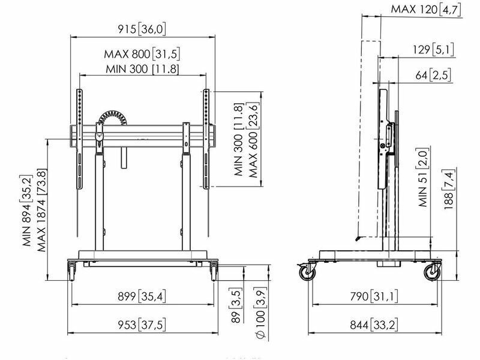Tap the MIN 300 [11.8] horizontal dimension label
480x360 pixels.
pos(142,69)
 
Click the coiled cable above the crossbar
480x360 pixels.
pos(112,118)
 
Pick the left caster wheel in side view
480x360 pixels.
pos(307,272)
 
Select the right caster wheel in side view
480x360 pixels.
pos(432,272)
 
